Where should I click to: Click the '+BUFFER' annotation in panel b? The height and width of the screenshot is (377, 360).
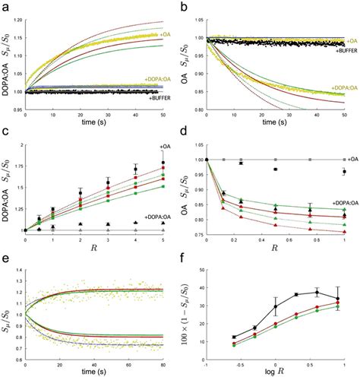pos(340,49)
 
